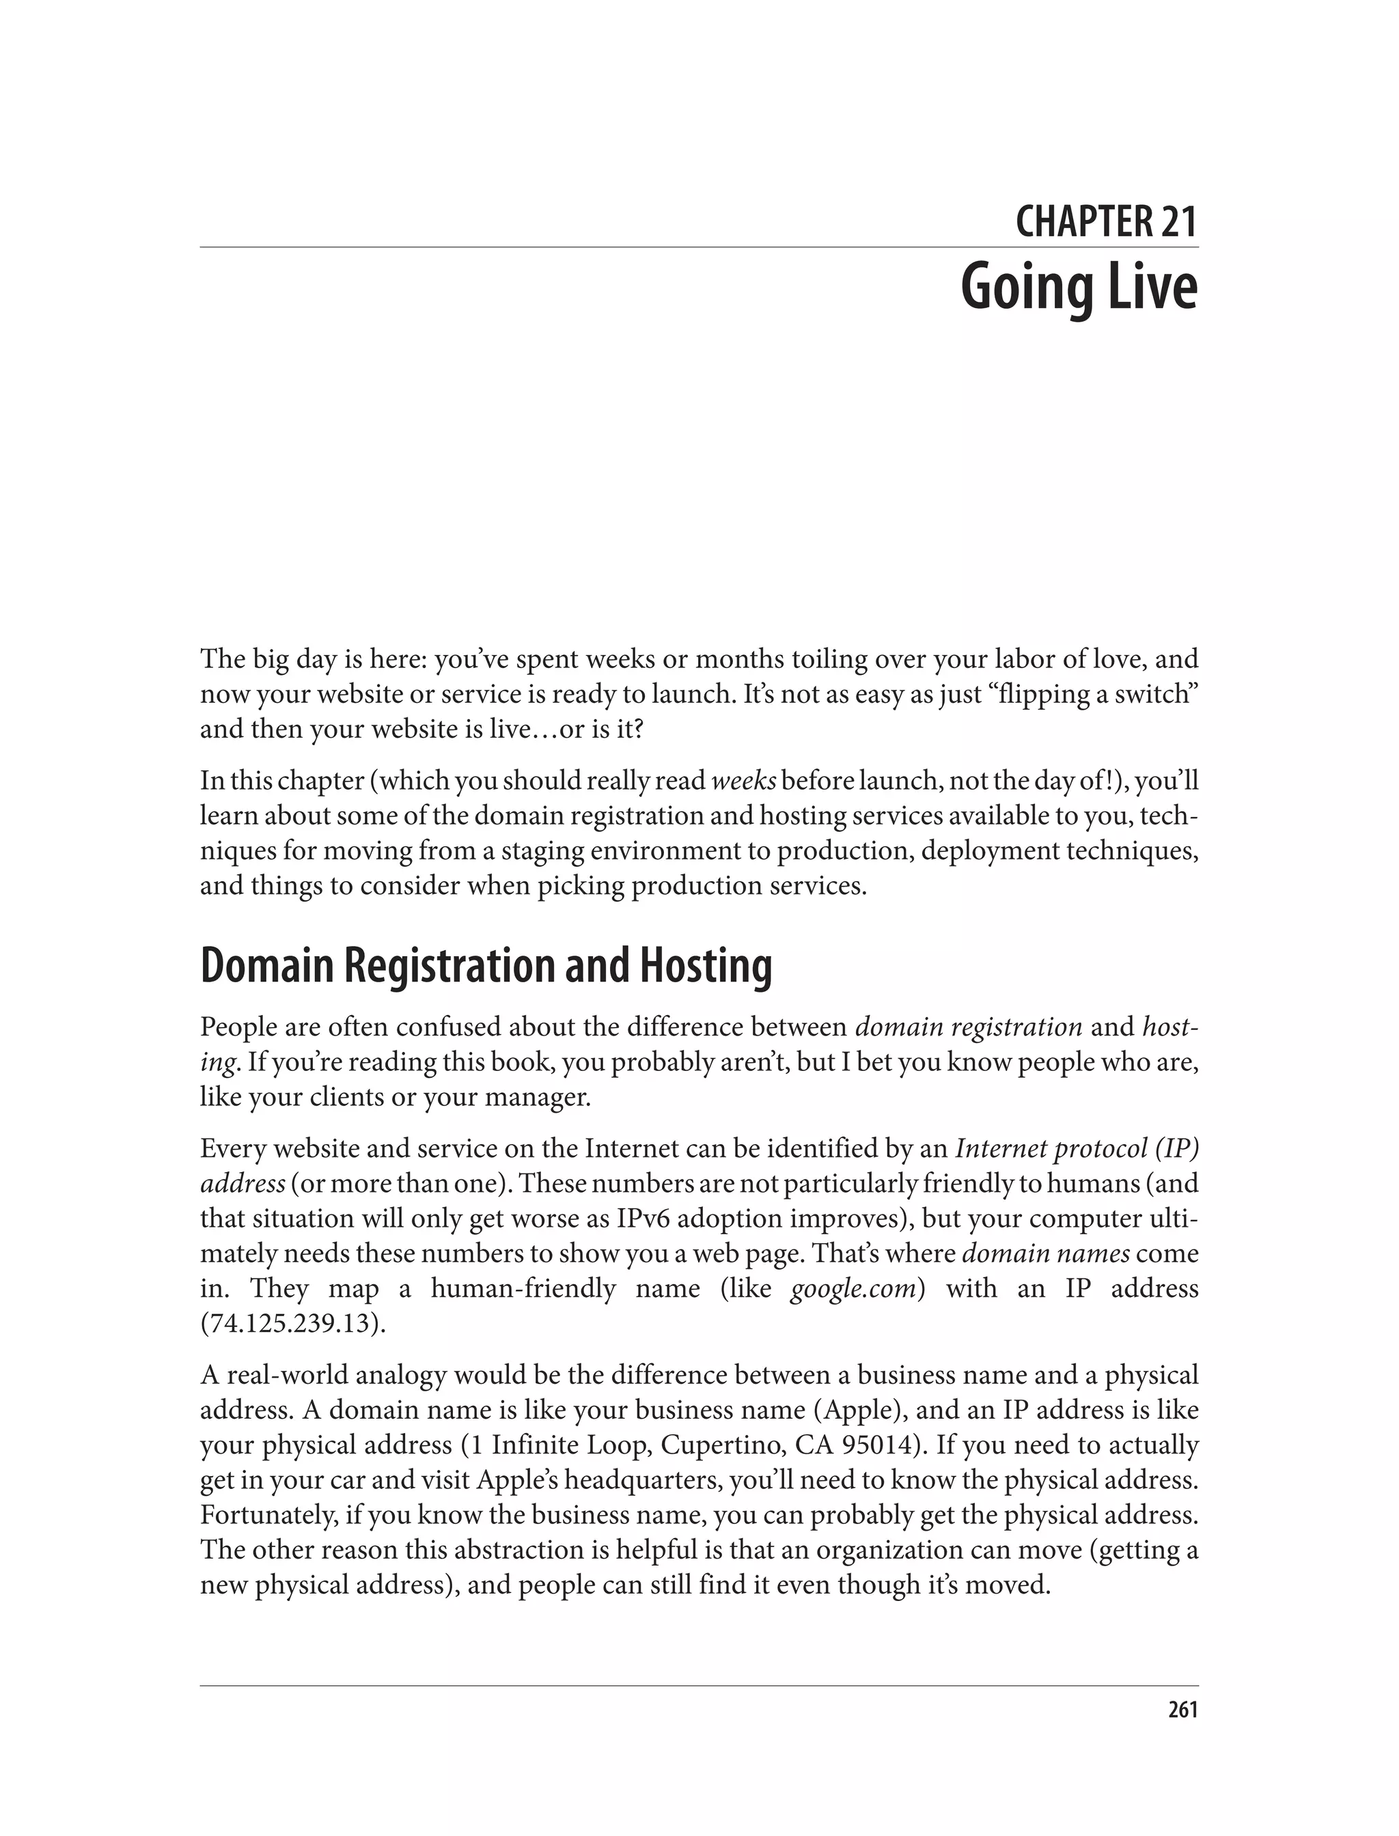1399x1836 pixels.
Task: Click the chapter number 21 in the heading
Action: (x=1176, y=222)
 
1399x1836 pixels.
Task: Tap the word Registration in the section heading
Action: (x=449, y=966)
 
